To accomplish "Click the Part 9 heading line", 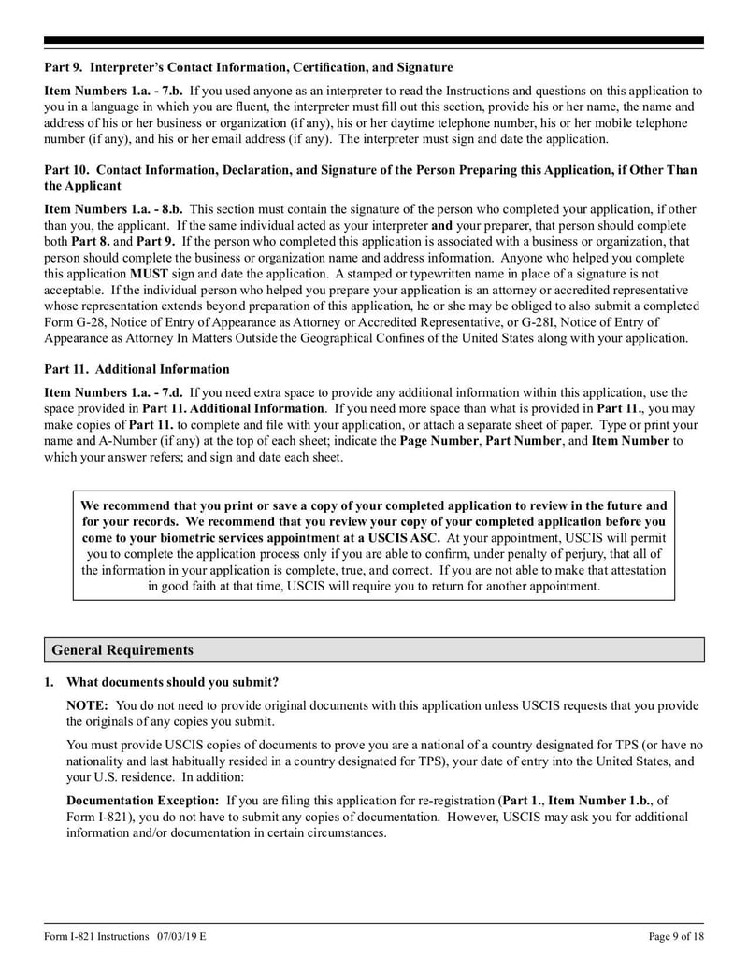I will tap(249, 68).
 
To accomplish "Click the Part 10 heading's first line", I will tap(370, 170).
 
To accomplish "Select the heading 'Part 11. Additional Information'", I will tap(137, 369).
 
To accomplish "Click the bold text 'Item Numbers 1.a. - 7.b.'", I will tap(114, 92).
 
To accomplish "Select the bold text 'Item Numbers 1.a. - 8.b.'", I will tap(114, 210).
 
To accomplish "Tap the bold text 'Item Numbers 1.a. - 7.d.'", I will tap(114, 393).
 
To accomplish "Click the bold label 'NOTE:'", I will tap(88, 705).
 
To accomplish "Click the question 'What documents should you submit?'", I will tap(172, 682).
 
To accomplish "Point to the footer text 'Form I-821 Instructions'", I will tap(98, 936).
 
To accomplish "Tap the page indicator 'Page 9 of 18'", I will tap(676, 936).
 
